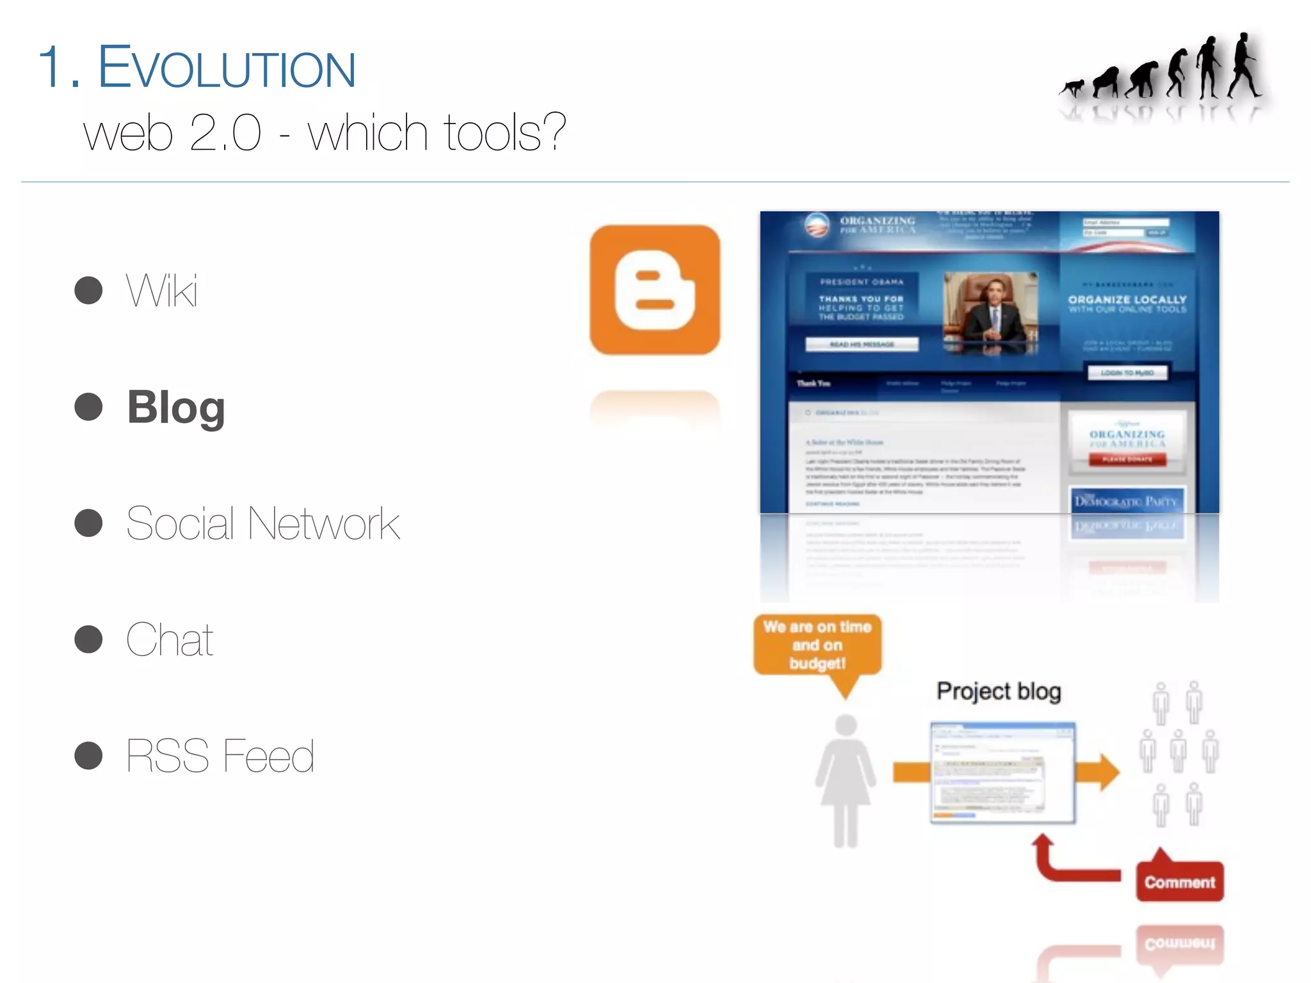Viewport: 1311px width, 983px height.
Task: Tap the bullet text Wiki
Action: [162, 291]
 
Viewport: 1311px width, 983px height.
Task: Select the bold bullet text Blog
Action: [176, 407]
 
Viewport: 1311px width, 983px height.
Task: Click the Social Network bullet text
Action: [263, 523]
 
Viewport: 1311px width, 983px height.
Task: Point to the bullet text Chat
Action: [170, 639]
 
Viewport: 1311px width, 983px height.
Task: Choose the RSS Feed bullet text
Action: [220, 756]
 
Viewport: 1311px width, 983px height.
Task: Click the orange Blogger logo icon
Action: [654, 290]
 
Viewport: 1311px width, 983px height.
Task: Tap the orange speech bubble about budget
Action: [817, 645]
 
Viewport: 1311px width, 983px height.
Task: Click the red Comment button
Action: [1179, 882]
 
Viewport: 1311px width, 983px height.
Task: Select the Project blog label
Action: [999, 692]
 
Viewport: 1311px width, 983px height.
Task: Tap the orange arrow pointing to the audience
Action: [1097, 772]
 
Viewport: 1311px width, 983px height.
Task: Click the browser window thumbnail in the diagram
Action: [1002, 772]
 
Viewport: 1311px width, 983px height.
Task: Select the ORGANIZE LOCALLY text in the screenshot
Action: [1127, 300]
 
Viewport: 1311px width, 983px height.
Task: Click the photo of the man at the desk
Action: [990, 313]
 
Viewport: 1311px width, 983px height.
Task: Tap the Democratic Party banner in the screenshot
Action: [1126, 501]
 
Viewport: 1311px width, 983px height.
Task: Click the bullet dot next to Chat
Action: [88, 639]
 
